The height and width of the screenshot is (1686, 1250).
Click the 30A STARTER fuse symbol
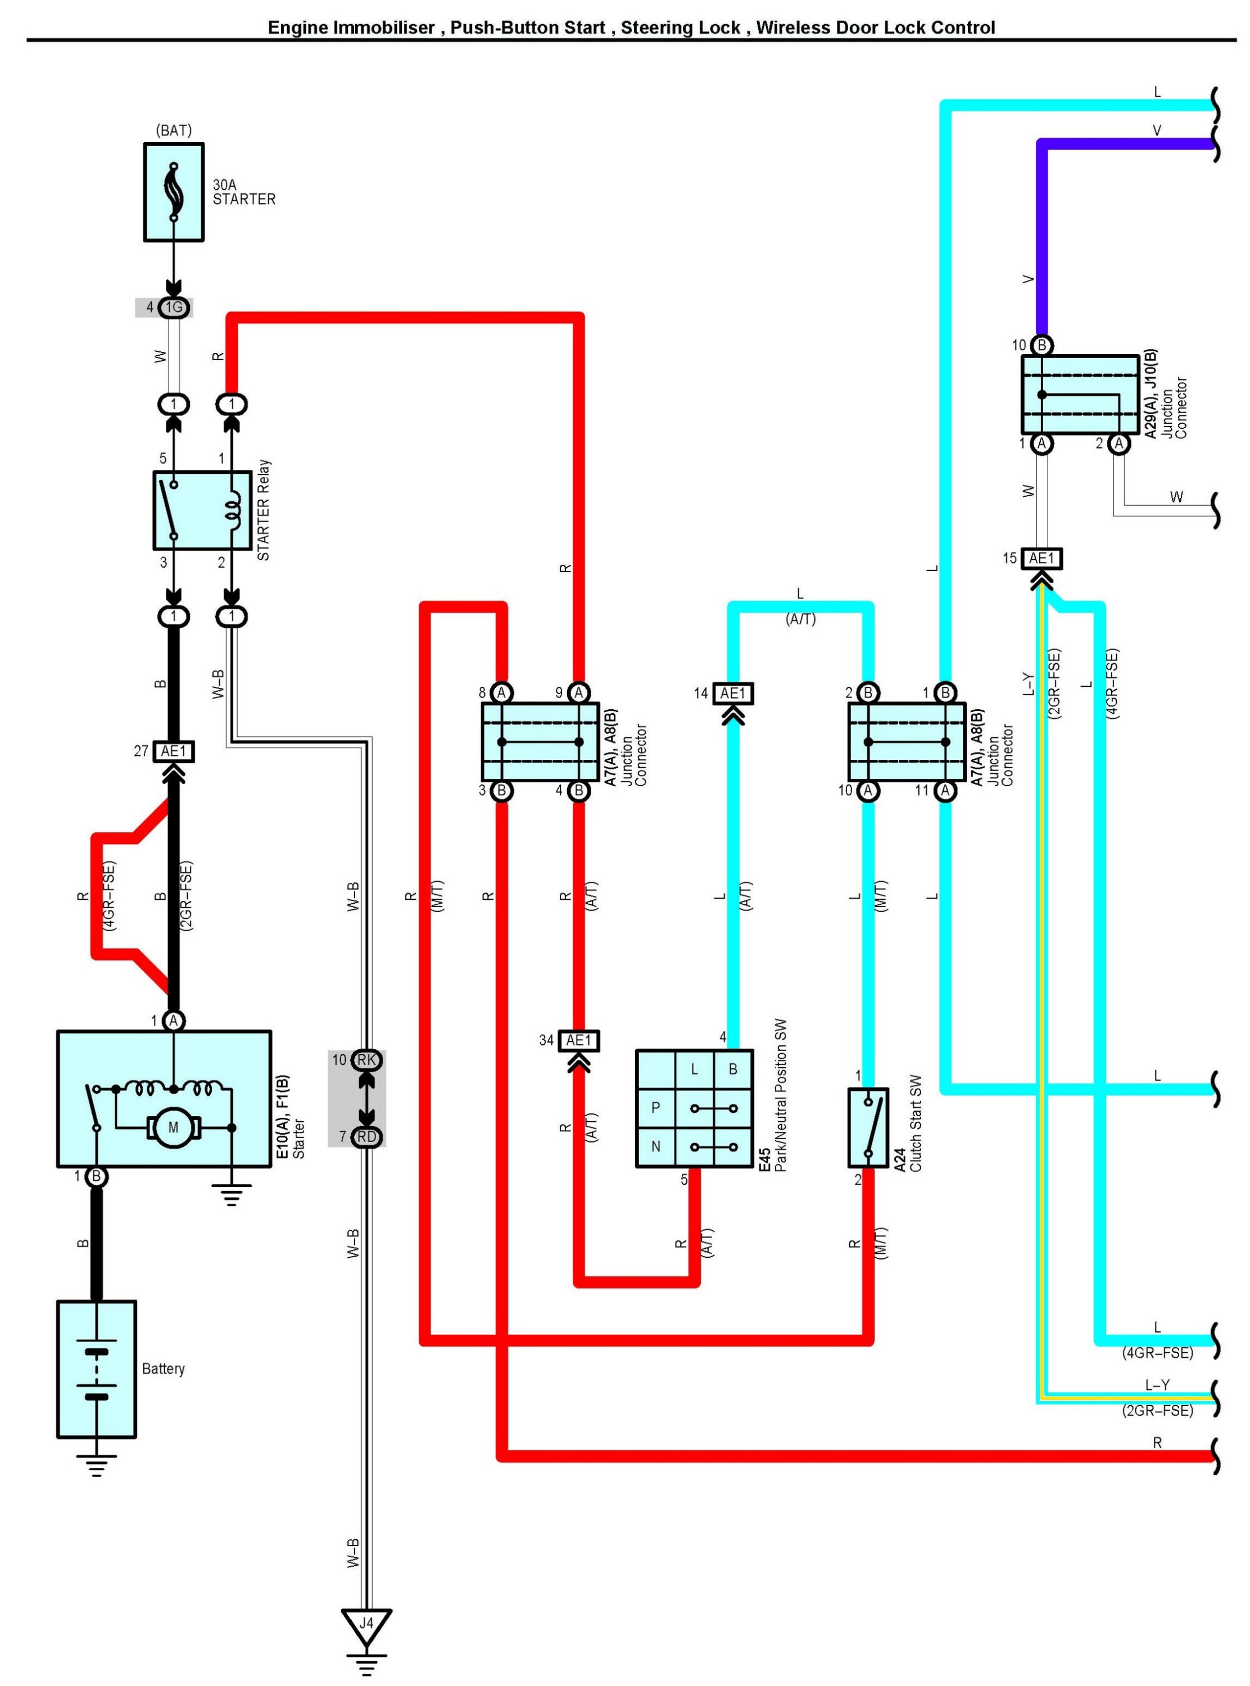point(174,192)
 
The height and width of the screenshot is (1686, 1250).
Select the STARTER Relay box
point(202,510)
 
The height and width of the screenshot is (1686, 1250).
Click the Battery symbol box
point(96,1368)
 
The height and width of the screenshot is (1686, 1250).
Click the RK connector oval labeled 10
point(367,1060)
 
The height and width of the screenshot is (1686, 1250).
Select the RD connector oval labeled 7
point(367,1137)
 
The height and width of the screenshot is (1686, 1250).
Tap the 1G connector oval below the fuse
point(174,307)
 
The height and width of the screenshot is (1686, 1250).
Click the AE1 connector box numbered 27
point(173,751)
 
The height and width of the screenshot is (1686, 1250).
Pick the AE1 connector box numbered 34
point(579,1041)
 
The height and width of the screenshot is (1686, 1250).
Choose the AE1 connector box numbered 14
point(732,694)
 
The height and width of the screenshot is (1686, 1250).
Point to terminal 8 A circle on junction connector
point(501,692)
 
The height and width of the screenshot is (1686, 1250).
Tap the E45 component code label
point(764,1159)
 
